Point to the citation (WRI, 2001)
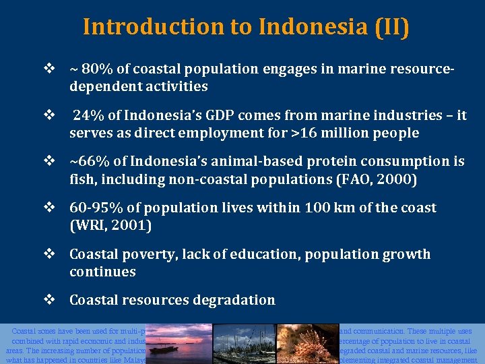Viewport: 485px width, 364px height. (x=110, y=226)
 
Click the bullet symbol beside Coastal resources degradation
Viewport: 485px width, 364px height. (x=49, y=300)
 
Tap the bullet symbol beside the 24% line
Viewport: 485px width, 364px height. (x=49, y=115)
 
